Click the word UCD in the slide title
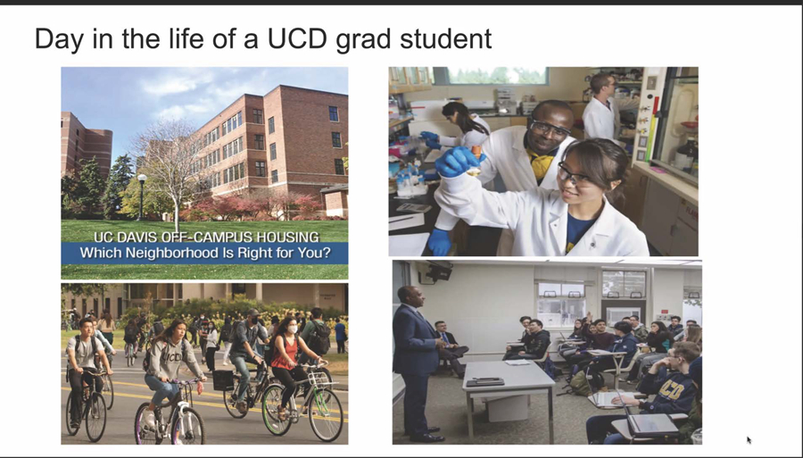point(297,39)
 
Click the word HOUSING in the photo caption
point(287,237)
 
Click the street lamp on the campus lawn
point(142,197)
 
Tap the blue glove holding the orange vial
point(458,162)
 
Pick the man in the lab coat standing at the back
point(600,108)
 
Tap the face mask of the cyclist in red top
point(294,329)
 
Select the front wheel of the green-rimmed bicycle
point(326,414)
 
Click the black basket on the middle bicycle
point(223,380)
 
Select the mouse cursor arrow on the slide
point(749,439)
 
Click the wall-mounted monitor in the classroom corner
point(437,271)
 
